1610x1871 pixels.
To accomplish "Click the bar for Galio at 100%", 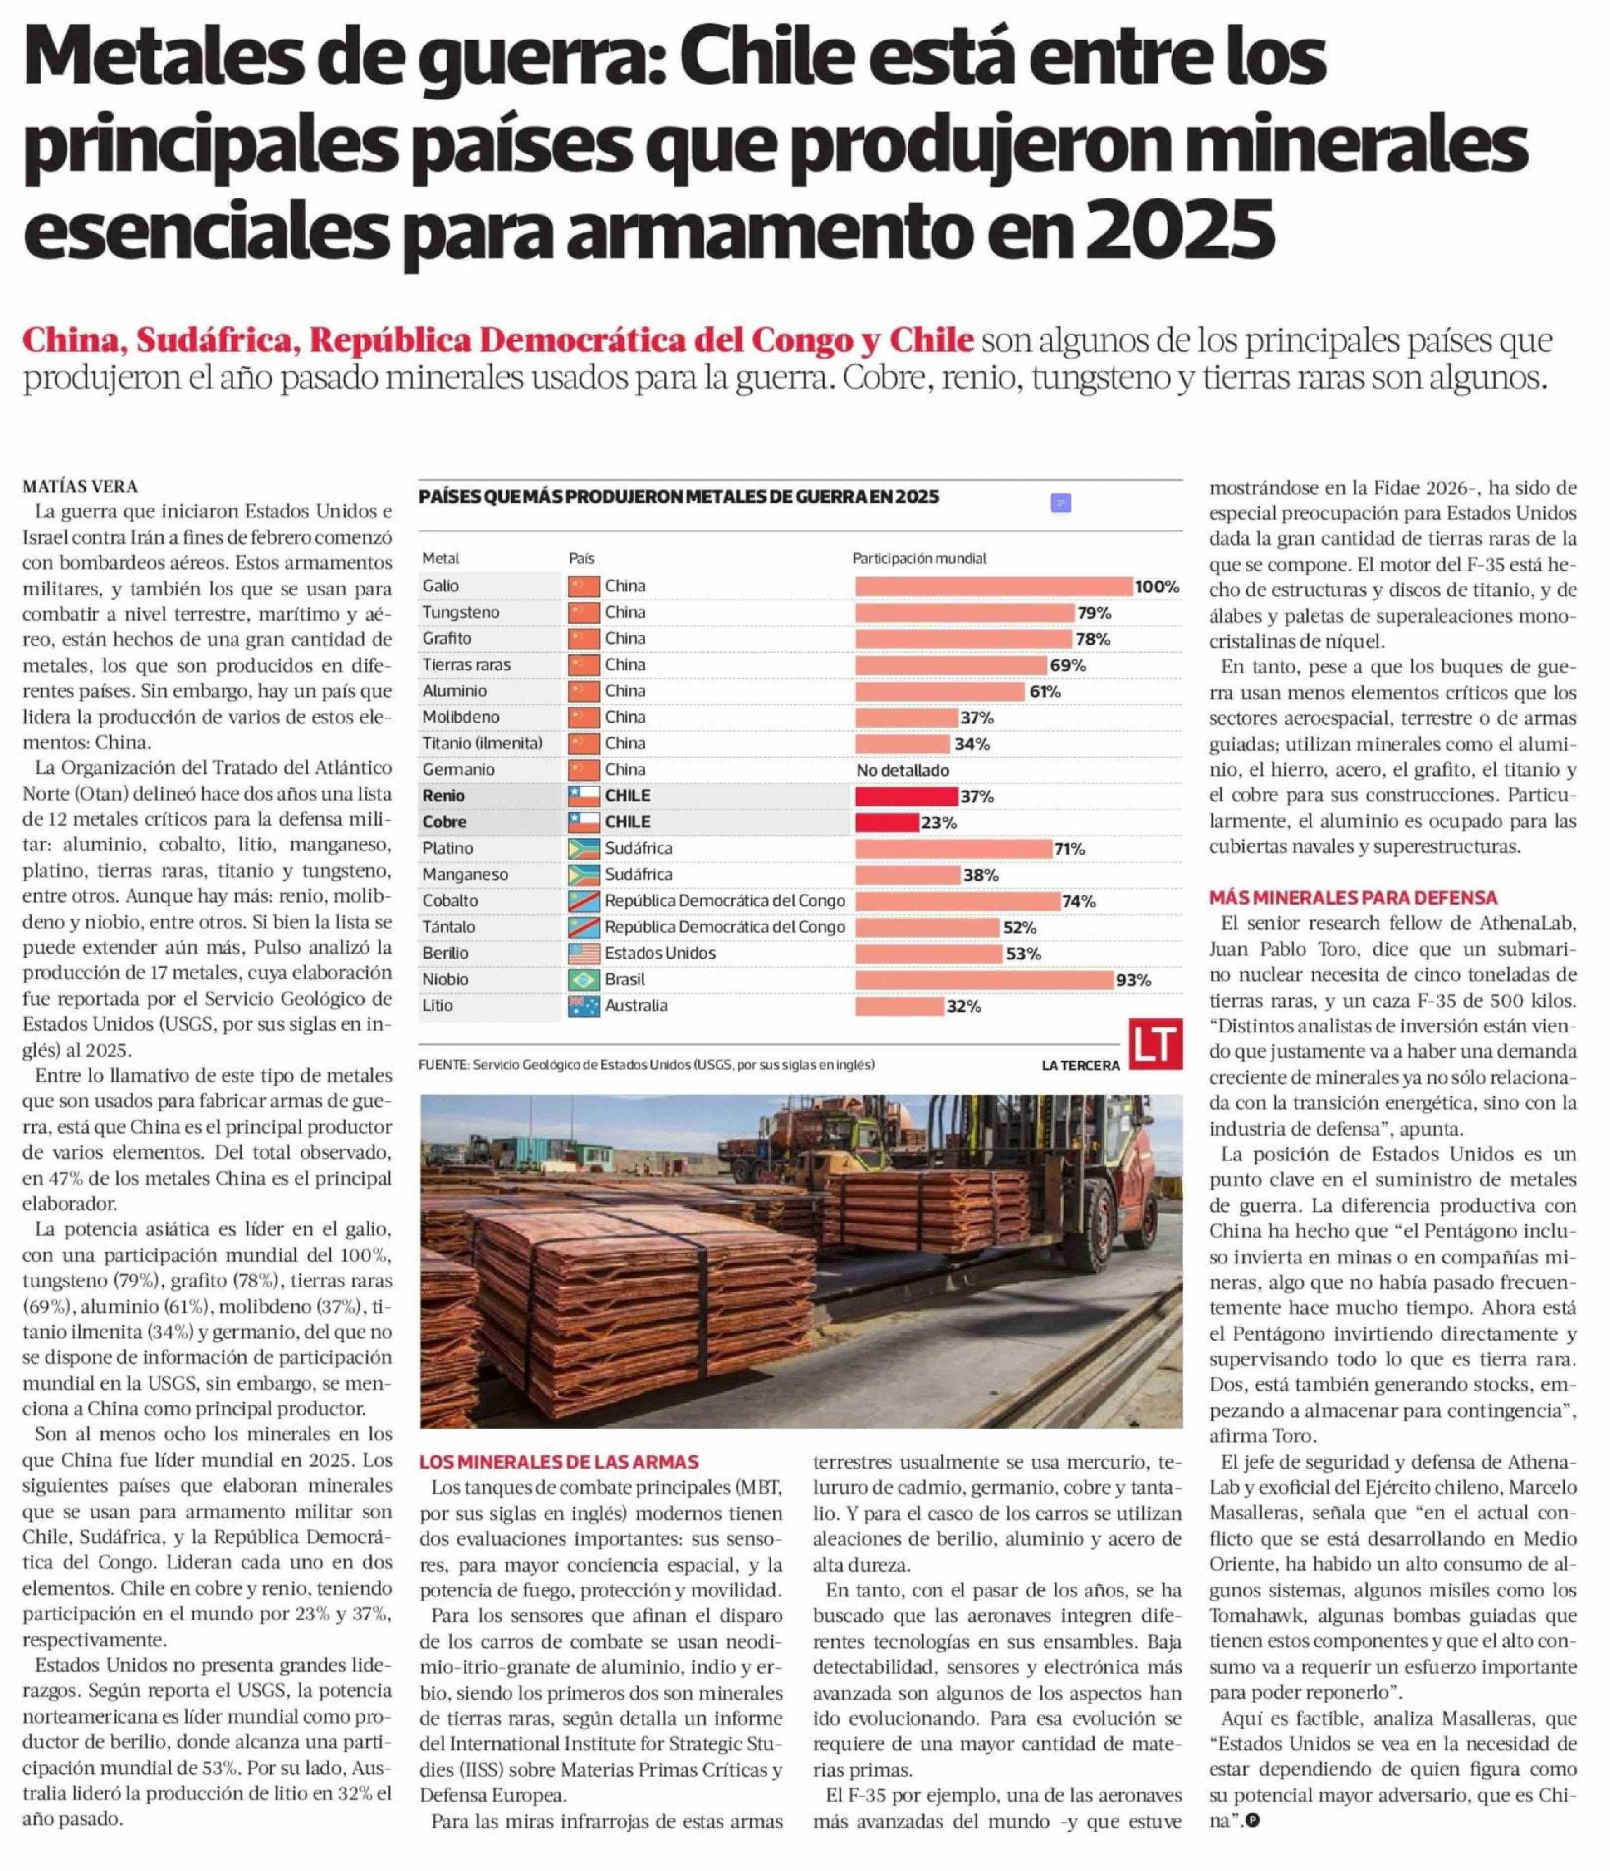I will coord(993,586).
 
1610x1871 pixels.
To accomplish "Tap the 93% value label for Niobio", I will coord(1133,980).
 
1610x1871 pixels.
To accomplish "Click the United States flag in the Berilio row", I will coord(584,953).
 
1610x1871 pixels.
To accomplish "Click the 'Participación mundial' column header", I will coord(919,558).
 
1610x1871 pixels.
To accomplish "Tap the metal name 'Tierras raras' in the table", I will coord(466,665).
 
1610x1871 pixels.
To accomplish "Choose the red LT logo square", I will coord(1155,1045).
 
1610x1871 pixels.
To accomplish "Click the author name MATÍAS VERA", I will coord(79,486).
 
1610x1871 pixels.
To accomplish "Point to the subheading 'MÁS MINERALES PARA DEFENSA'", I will coord(1352,898).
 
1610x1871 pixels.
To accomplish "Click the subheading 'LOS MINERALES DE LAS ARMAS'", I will coord(558,1462).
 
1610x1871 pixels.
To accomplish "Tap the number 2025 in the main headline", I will coord(1179,229).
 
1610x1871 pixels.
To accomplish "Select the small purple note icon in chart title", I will coord(1061,503).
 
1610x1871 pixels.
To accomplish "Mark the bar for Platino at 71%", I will coord(953,848).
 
